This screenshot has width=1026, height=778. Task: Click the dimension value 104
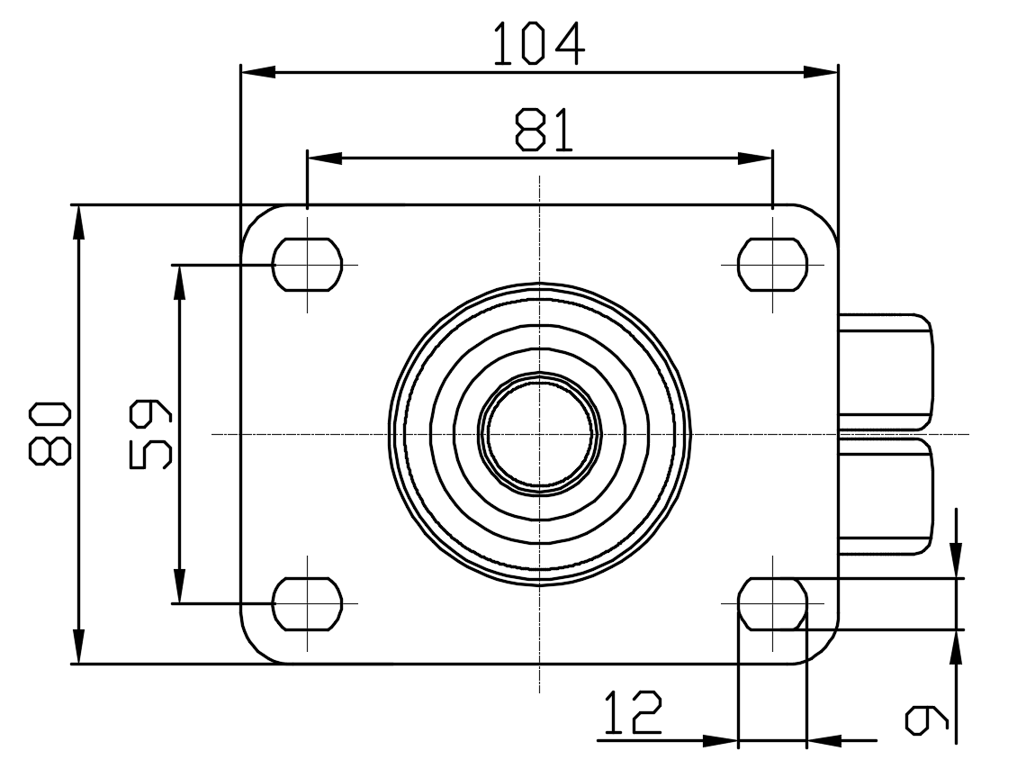[538, 44]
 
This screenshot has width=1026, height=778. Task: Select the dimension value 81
[543, 130]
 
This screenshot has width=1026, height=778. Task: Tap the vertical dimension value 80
[49, 433]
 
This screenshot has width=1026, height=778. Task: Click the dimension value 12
[632, 712]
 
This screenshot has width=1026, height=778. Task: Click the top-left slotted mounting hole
[308, 265]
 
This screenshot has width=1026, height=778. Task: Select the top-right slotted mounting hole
[773, 265]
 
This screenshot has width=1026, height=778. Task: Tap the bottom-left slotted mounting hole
[308, 603]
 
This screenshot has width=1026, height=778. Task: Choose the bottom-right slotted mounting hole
[773, 603]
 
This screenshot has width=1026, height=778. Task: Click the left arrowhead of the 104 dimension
[257, 72]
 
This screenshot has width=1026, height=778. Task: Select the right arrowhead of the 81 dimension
[755, 158]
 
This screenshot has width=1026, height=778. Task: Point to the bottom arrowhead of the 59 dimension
[178, 585]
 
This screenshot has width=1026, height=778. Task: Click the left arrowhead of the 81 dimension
[325, 158]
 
